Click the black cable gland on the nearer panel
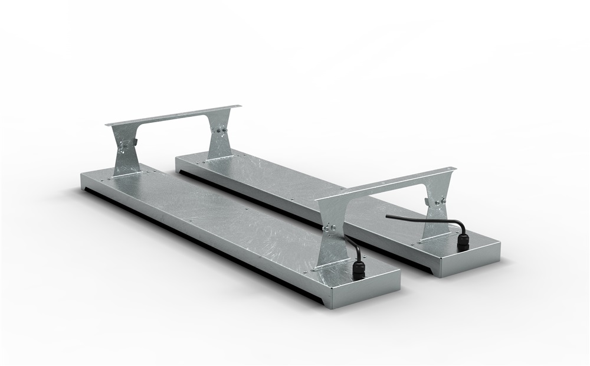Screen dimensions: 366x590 coord(358,270)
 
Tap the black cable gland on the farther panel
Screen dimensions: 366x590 coord(464,241)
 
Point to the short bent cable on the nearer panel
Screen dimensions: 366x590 coord(352,247)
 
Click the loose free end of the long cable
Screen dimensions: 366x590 coord(388,216)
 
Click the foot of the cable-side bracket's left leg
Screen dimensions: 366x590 coord(330,266)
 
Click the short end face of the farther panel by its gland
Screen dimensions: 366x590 coord(472,260)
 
